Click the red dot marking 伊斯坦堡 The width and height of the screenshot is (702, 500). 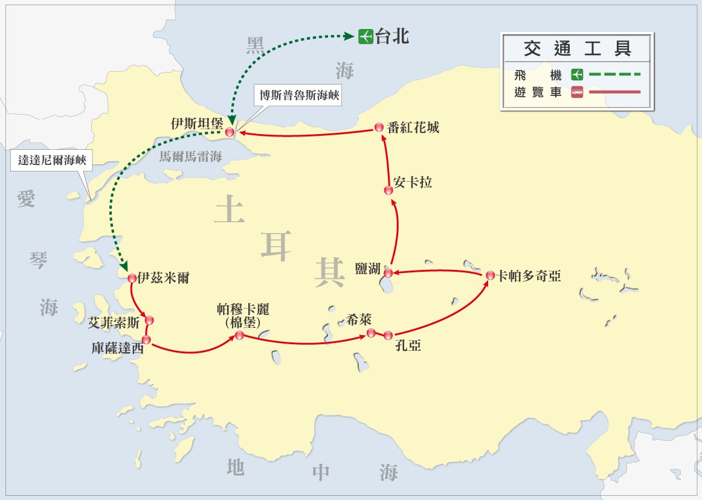230,132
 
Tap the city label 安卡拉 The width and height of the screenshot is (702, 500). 413,182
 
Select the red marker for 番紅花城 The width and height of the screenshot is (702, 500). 379,127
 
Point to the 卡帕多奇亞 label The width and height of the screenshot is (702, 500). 529,276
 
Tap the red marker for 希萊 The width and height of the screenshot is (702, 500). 371,332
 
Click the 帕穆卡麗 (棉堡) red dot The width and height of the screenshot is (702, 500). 239,335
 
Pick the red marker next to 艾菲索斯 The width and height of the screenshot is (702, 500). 149,320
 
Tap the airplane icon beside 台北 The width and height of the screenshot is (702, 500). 365,36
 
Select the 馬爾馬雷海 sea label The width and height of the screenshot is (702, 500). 190,157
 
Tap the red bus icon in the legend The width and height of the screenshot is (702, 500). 577,93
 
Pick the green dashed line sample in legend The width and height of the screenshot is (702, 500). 613,75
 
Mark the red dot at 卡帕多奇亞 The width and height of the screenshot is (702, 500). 490,275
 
